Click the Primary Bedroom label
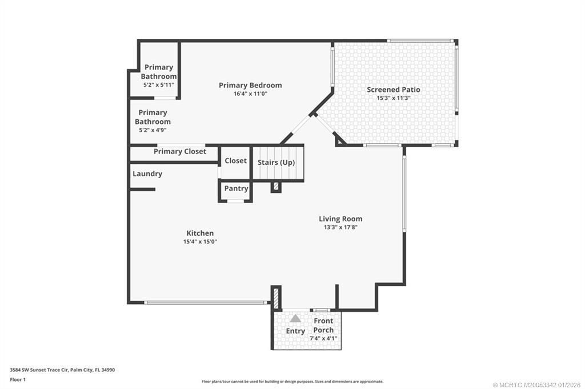(250, 86)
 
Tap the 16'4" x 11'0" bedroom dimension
(250, 94)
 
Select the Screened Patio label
(394, 90)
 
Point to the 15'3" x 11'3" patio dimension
(394, 98)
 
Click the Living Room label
(340, 219)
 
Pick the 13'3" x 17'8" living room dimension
(340, 227)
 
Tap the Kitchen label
(200, 233)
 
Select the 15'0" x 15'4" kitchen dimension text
(200, 241)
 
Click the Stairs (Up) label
(276, 163)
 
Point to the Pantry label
(236, 189)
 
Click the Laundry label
(147, 174)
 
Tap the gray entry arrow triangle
(295, 318)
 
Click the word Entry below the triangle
(295, 331)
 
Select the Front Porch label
(323, 325)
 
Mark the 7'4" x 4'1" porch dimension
(323, 338)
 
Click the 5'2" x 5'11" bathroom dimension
(158, 84)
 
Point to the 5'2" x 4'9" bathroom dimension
(153, 130)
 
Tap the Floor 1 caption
(19, 379)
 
